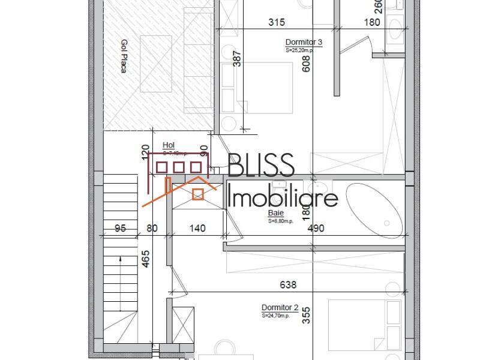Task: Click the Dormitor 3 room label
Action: pos(304,42)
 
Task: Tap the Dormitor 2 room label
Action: pos(280,307)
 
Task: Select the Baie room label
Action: pos(276,213)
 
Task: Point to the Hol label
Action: pos(168,145)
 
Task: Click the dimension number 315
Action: pos(276,22)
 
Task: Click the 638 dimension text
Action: pos(288,284)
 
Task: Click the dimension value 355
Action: pos(307,316)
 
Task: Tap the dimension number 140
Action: pos(197,228)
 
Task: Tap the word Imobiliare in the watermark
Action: pos(284,196)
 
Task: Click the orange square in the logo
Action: pos(197,194)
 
